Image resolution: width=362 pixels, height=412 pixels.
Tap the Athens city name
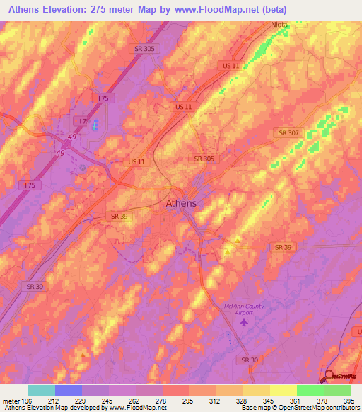[181, 204]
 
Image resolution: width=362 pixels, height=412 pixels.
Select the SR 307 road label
[288, 132]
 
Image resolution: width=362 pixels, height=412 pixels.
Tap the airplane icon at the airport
[245, 322]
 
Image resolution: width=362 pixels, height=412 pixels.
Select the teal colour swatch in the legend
[42, 390]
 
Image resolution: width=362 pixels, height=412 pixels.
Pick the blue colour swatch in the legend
[69, 390]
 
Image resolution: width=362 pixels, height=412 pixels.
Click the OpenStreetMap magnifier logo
[329, 375]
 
